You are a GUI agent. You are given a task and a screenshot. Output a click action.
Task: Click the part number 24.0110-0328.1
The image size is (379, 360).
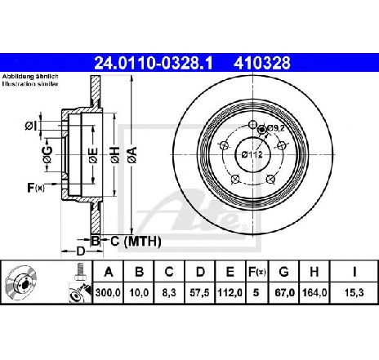coord(153,63)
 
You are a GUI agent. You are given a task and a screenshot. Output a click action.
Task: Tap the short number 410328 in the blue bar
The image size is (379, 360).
coord(262,63)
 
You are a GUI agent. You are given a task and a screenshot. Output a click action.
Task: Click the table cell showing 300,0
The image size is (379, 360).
coord(108,293)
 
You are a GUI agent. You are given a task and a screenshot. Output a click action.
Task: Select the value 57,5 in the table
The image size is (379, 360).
coord(200,293)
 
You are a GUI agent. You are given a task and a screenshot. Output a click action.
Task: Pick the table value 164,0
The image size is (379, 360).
coord(314,293)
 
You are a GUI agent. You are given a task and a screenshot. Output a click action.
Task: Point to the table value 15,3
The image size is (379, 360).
coord(354,293)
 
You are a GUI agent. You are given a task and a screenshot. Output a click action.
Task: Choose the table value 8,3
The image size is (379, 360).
coord(169,293)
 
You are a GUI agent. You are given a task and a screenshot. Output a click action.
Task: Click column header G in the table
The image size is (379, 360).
coord(283,272)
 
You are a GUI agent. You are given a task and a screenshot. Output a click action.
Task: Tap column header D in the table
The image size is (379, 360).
coord(200,272)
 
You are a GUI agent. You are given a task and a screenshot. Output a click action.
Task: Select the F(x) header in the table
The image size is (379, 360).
coord(256,272)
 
